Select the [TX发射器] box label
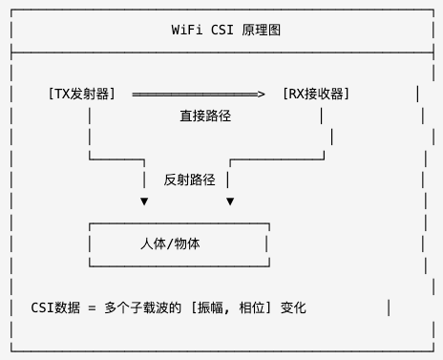(81, 94)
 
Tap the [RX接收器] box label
(316, 94)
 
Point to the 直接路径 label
(205, 116)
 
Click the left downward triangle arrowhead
(144, 201)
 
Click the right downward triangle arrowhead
(230, 201)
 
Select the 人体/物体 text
(170, 244)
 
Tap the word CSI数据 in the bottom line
(55, 307)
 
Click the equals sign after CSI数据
(93, 307)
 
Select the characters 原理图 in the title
(258, 31)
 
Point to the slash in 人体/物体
(170, 244)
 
